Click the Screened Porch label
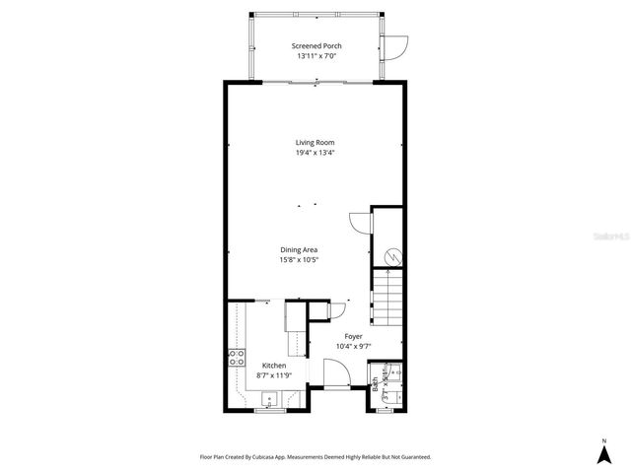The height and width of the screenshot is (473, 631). click(x=315, y=46)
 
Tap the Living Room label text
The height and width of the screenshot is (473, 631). click(x=315, y=143)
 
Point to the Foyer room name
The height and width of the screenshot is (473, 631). click(x=353, y=336)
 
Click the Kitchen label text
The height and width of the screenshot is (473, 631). click(x=274, y=366)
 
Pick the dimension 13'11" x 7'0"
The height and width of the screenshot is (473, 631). click(x=315, y=56)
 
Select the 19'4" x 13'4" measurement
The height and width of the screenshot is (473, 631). click(x=315, y=153)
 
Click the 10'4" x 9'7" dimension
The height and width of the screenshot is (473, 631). click(x=353, y=346)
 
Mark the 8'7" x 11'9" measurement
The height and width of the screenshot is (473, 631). click(x=274, y=375)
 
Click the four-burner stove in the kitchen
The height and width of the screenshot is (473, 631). click(x=238, y=357)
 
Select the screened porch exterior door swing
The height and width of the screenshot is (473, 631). click(x=397, y=46)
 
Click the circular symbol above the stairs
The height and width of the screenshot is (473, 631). click(x=392, y=256)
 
